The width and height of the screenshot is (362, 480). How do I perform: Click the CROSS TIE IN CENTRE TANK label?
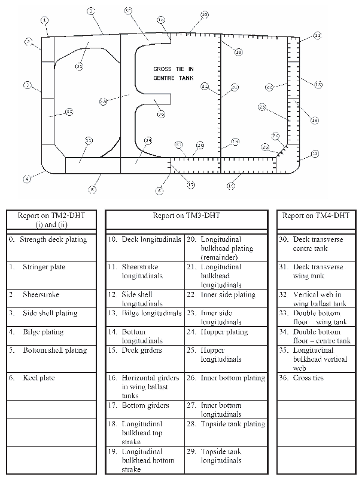point(174,73)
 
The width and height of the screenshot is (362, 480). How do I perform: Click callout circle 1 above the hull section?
point(44,20)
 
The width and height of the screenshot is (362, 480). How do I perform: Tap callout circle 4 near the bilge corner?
point(27,178)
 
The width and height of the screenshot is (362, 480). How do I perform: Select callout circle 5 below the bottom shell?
point(92,189)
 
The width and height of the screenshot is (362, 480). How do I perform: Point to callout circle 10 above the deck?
point(205,14)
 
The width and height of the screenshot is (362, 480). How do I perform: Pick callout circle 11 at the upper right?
point(317,35)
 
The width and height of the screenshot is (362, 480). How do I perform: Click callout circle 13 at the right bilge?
point(315,154)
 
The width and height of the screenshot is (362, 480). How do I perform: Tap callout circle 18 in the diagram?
point(238,52)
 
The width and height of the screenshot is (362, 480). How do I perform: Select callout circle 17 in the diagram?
point(191,185)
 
